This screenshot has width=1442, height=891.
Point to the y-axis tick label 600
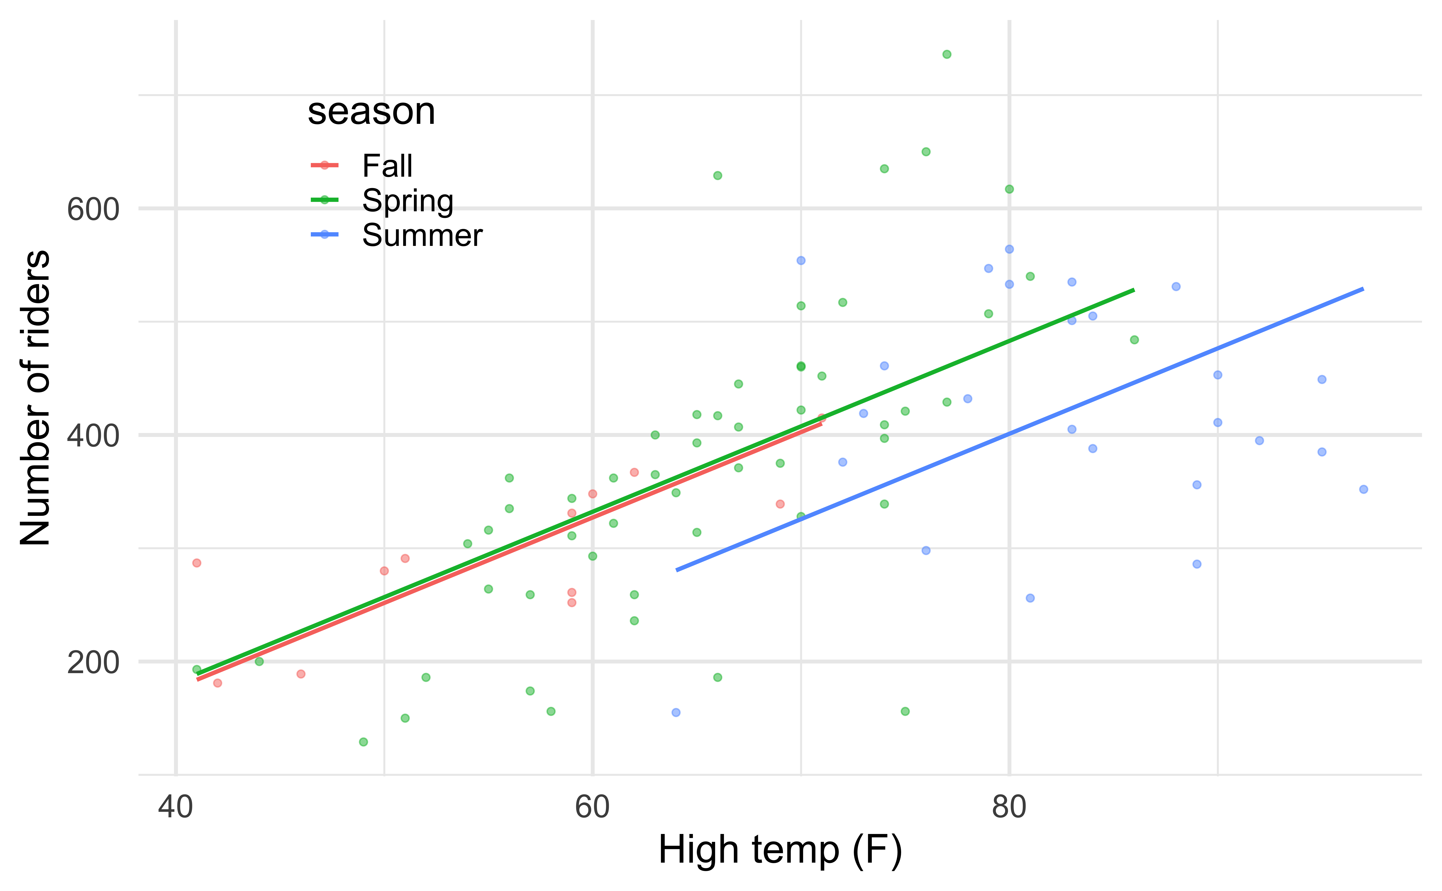93,209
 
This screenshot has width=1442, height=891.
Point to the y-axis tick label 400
93,436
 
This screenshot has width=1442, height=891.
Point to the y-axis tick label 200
93,662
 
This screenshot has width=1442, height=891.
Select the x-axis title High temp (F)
780,850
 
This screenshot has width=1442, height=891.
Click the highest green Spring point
946,54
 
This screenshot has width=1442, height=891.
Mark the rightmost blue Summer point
1363,489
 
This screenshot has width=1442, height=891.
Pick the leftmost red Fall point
197,563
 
